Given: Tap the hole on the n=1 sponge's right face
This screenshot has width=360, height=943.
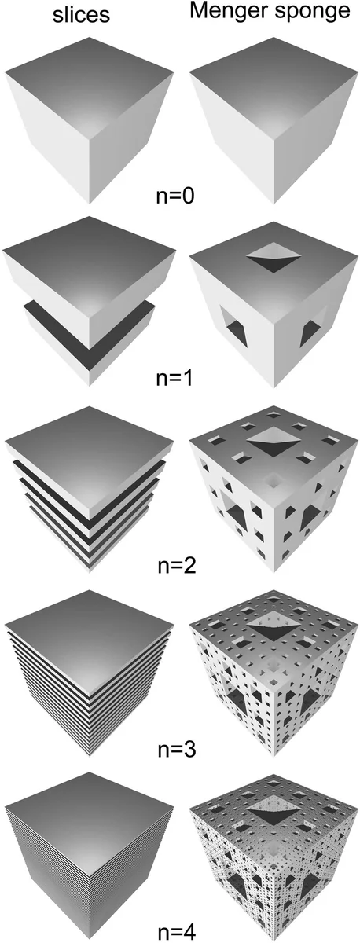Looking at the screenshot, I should pos(312,332).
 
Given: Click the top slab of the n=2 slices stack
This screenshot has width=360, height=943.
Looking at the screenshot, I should pos(89,444).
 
